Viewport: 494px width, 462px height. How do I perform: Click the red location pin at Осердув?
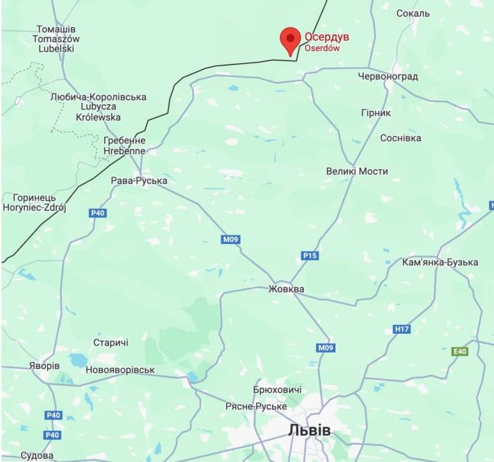291,40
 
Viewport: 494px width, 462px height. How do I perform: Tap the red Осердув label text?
326,37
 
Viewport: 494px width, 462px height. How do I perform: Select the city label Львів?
310,430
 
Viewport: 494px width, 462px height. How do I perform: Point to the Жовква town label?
286,289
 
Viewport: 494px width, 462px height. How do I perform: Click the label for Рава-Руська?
139,181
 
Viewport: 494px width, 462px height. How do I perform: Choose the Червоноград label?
388,76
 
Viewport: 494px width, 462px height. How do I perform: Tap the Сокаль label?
413,13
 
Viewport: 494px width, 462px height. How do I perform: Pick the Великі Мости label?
356,171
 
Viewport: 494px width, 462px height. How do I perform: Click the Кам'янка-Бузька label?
440,263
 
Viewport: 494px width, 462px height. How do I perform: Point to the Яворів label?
44,366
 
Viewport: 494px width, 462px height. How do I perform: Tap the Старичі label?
111,343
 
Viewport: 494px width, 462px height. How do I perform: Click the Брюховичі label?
277,390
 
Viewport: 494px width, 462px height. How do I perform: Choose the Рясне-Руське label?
256,407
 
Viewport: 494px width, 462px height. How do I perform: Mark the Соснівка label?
400,138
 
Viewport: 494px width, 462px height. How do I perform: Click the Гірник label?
376,112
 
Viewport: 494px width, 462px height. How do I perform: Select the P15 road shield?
310,256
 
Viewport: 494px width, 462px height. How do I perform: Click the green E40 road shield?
460,351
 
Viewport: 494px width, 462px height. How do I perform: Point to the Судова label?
37,456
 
